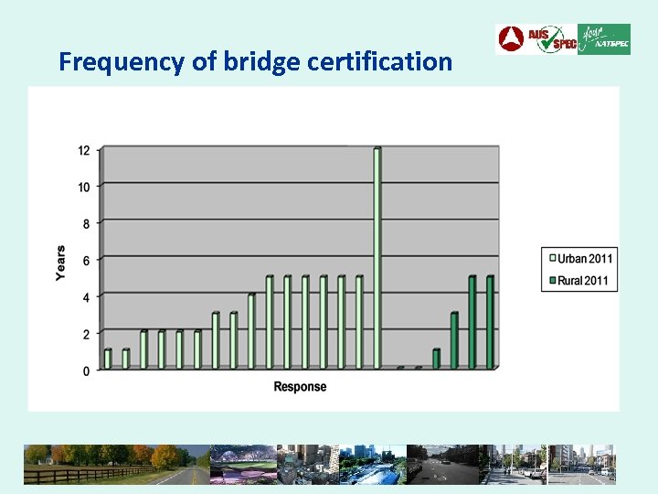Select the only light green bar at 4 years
click(252, 330)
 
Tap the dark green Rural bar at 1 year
click(437, 359)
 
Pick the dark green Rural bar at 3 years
click(454, 340)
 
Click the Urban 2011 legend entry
click(578, 259)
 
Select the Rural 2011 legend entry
click(578, 281)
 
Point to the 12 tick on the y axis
click(84, 150)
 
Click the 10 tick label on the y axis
click(84, 187)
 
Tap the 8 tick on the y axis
click(86, 223)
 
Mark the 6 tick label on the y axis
click(86, 261)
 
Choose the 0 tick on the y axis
click(86, 370)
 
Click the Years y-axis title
click(61, 263)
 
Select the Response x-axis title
click(300, 387)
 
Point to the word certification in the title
click(379, 62)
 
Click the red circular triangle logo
click(510, 39)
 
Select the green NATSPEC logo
click(604, 39)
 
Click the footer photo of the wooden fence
click(87, 465)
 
